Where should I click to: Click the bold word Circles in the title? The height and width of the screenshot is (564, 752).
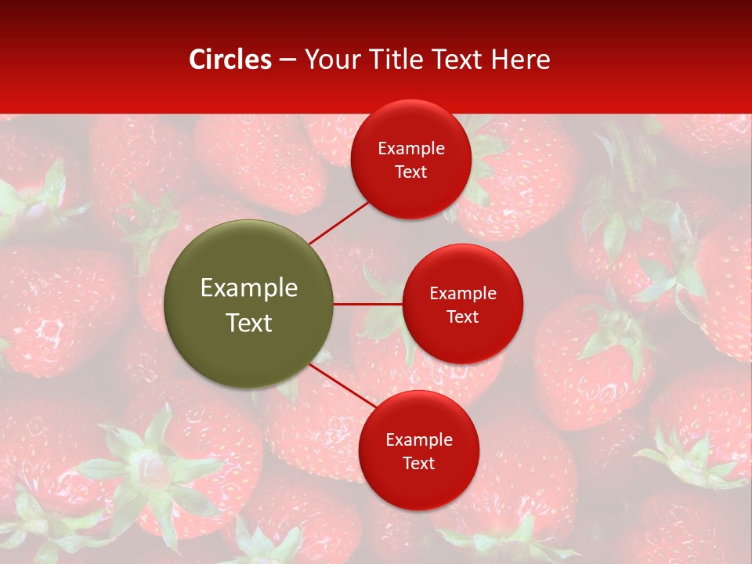click(x=230, y=60)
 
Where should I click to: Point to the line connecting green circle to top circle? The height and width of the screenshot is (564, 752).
click(x=338, y=222)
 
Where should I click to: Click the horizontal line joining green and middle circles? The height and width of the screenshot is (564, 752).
click(x=367, y=304)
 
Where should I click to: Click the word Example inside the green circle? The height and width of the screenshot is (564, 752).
click(x=249, y=288)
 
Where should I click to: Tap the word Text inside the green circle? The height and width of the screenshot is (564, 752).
click(x=249, y=323)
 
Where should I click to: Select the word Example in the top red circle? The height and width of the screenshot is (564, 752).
click(x=411, y=149)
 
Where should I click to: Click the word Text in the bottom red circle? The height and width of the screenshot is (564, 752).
click(x=419, y=463)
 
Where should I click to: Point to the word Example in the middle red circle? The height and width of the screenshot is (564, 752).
click(x=463, y=294)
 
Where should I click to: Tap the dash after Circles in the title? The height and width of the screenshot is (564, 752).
click(x=287, y=60)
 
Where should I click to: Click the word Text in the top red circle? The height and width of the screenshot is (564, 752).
click(x=411, y=172)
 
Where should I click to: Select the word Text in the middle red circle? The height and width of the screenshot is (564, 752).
click(x=463, y=316)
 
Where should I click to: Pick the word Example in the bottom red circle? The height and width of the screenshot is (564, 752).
click(x=419, y=440)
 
